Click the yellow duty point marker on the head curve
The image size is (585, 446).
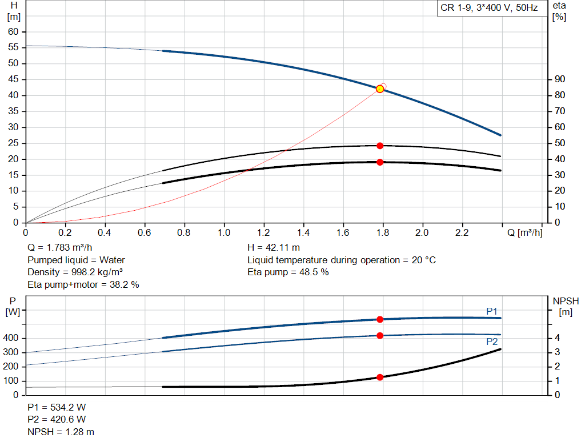380,89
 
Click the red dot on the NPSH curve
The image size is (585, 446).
380,377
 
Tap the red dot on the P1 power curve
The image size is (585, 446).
380,320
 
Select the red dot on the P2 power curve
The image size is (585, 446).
380,336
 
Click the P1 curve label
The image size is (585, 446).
492,311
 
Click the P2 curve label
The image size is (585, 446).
492,342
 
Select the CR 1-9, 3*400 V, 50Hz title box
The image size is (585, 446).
489,8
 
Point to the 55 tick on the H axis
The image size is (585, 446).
14,47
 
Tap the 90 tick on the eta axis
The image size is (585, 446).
560,79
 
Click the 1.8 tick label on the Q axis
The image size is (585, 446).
383,232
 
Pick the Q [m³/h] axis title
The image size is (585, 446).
524,232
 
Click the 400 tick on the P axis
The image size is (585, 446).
11,338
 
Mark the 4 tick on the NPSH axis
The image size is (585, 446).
557,338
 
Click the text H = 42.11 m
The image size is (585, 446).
274,248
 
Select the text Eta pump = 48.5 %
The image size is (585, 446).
288,272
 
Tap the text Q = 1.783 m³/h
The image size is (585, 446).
59,248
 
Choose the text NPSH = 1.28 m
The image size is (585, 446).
61,432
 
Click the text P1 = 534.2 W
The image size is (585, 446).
57,407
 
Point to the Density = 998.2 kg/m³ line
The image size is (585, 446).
75,272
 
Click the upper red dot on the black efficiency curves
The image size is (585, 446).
380,146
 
